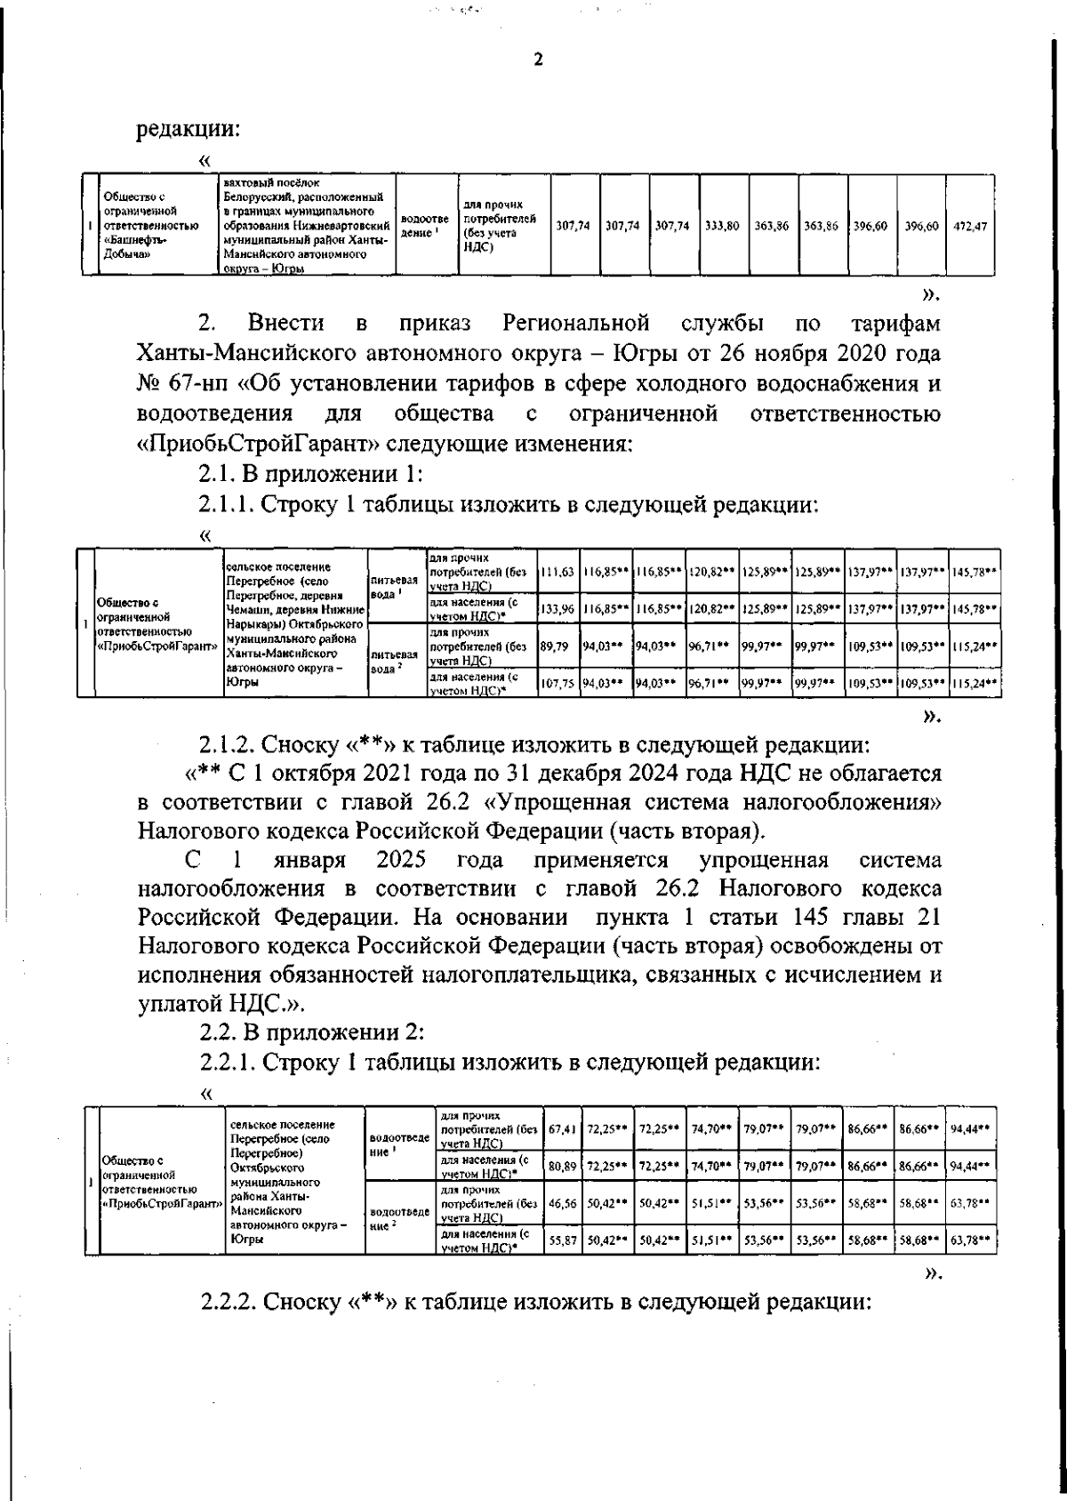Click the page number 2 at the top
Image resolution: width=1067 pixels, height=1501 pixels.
click(536, 60)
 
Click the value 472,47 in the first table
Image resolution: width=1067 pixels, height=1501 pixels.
click(969, 227)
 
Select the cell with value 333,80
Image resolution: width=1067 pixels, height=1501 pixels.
click(722, 227)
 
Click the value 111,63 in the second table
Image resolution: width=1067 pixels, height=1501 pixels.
click(558, 571)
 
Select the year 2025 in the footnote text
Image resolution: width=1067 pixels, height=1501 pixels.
click(400, 861)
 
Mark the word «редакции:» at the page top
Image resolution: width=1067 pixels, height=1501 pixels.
click(188, 129)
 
